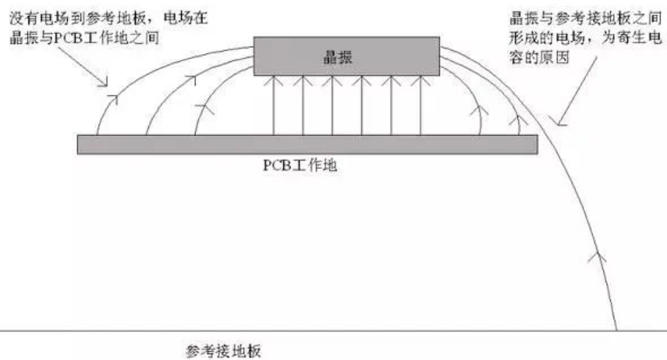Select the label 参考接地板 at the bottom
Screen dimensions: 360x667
click(224, 351)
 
